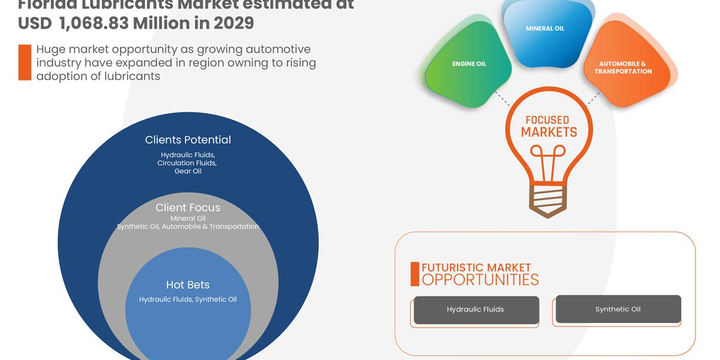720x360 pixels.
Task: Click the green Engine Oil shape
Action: pos(469,66)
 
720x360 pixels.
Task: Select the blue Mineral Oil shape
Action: pos(545,33)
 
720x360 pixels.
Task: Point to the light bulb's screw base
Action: pos(547,198)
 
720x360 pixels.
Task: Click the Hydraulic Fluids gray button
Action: pos(476,310)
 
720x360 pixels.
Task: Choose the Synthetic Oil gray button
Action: pos(618,309)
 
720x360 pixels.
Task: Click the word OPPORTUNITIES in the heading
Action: pos(480,280)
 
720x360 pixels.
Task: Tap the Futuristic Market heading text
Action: pos(476,268)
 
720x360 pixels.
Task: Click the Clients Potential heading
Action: pos(188,140)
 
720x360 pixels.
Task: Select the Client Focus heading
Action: pos(188,208)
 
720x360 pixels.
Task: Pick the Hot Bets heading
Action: pos(188,284)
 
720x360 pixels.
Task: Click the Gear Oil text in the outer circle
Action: pos(188,171)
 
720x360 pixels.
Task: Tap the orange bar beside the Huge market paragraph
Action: pos(25,62)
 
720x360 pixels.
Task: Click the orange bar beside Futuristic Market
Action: pos(415,274)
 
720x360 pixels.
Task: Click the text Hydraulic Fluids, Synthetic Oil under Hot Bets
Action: pos(188,299)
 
